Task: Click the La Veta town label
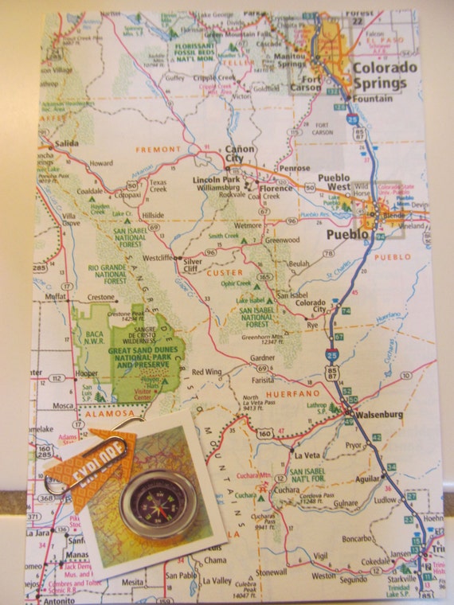pos(307,455)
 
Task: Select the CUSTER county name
pos(224,272)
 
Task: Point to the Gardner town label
pos(262,357)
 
